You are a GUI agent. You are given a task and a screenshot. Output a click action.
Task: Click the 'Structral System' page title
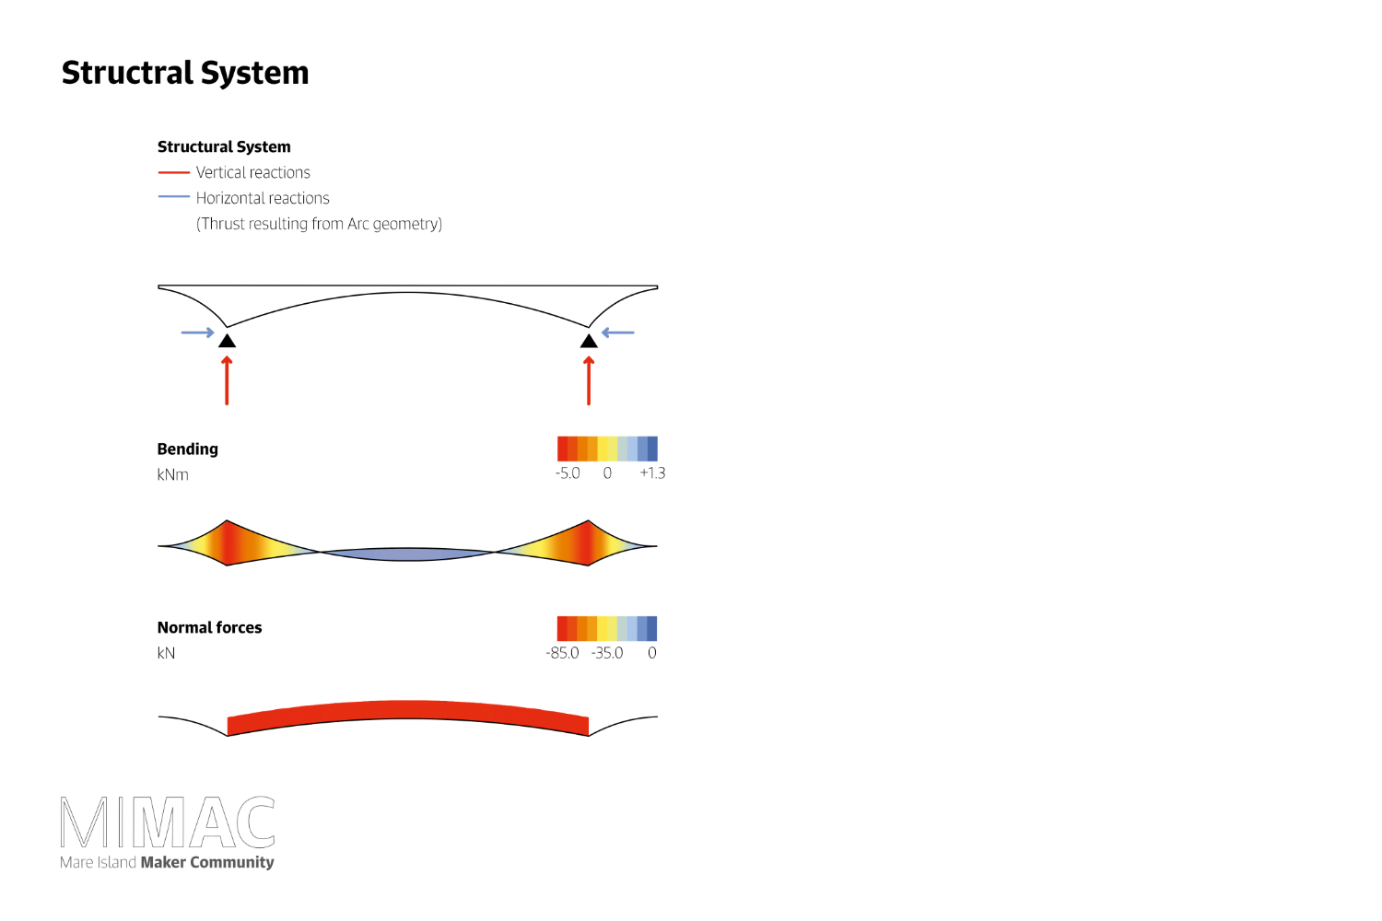185,73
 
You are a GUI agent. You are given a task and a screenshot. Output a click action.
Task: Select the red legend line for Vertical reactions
173,172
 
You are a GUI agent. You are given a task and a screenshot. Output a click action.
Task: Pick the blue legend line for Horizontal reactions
173,197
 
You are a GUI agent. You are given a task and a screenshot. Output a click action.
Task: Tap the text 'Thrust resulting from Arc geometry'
319,224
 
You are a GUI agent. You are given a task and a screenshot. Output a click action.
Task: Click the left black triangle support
227,341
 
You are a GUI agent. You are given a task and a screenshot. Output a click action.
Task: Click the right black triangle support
589,341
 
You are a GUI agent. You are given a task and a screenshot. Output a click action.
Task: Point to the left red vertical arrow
227,380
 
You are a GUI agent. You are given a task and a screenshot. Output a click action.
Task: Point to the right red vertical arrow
589,380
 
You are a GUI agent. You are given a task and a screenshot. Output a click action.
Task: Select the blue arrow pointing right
197,332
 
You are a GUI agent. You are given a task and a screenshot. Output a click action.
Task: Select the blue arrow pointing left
618,332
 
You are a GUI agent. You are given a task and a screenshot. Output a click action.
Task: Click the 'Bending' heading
188,449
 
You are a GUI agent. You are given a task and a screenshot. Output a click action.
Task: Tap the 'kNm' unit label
172,475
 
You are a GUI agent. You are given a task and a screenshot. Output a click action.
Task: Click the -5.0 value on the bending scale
568,473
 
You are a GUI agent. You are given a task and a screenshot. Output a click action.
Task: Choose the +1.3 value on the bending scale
652,473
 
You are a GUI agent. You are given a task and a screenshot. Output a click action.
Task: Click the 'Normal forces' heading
209,628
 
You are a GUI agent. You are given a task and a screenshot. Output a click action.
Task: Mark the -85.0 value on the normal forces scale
562,653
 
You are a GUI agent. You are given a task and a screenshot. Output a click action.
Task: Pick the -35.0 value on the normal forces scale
607,653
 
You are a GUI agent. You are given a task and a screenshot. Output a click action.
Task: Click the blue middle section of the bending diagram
407,554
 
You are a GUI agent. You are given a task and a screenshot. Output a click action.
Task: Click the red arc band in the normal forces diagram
407,710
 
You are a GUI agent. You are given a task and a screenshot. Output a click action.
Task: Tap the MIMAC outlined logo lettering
168,822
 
